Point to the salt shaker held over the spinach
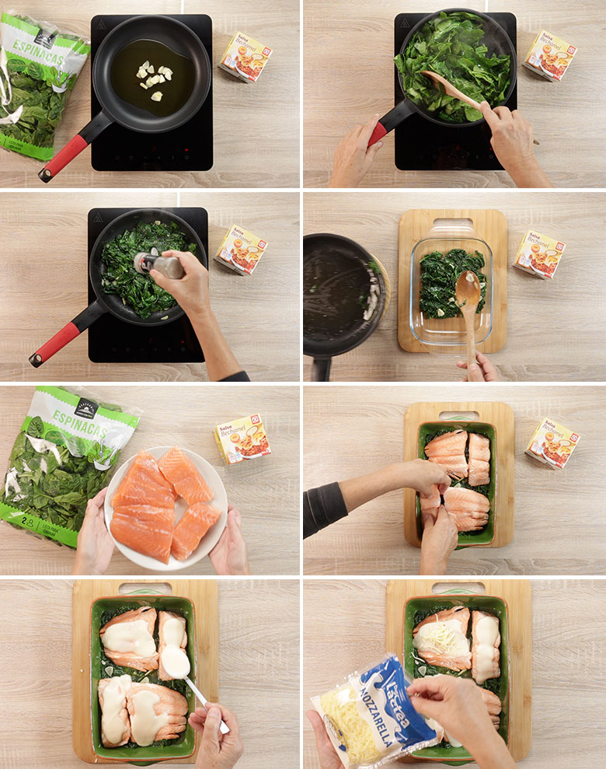click(x=159, y=264)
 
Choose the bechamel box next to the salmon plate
click(x=242, y=439)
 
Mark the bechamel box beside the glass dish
click(x=538, y=254)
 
